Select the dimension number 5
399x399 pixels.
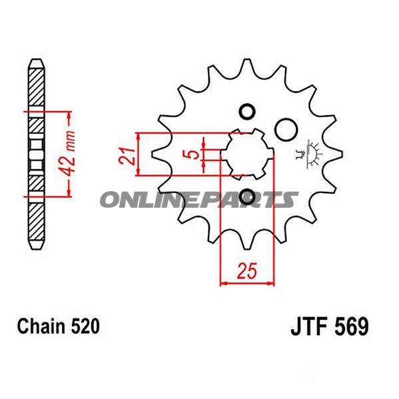click(192, 155)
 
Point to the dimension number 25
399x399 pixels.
click(247, 272)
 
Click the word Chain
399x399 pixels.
click(39, 326)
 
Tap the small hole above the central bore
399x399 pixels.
click(246, 111)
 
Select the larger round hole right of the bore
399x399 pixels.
click(286, 129)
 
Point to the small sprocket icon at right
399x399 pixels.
click(309, 153)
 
